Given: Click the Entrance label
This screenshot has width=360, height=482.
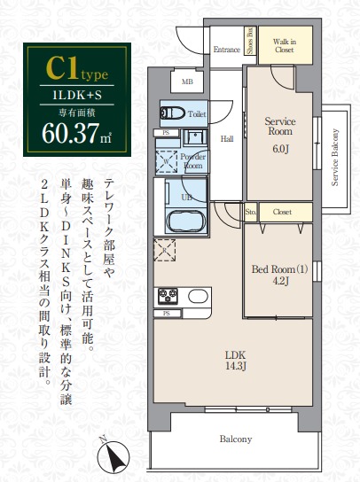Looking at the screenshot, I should tap(228, 50).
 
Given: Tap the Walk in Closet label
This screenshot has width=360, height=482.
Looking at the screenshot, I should tap(284, 46).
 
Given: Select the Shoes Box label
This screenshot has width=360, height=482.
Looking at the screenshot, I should tap(251, 42).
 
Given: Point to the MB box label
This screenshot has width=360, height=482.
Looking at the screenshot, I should tap(187, 82).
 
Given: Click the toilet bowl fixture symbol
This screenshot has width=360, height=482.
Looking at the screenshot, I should tap(171, 113).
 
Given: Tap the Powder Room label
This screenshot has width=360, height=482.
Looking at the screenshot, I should tap(192, 160).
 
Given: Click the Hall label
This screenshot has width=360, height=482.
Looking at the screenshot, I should tap(227, 138).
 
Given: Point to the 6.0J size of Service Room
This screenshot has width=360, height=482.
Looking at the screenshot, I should tap(280, 148).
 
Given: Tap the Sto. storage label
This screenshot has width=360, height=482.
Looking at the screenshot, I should tap(250, 213).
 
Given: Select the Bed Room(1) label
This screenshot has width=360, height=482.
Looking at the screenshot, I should tap(278, 269).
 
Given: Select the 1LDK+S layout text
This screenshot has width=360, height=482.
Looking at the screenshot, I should tap(74, 91).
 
